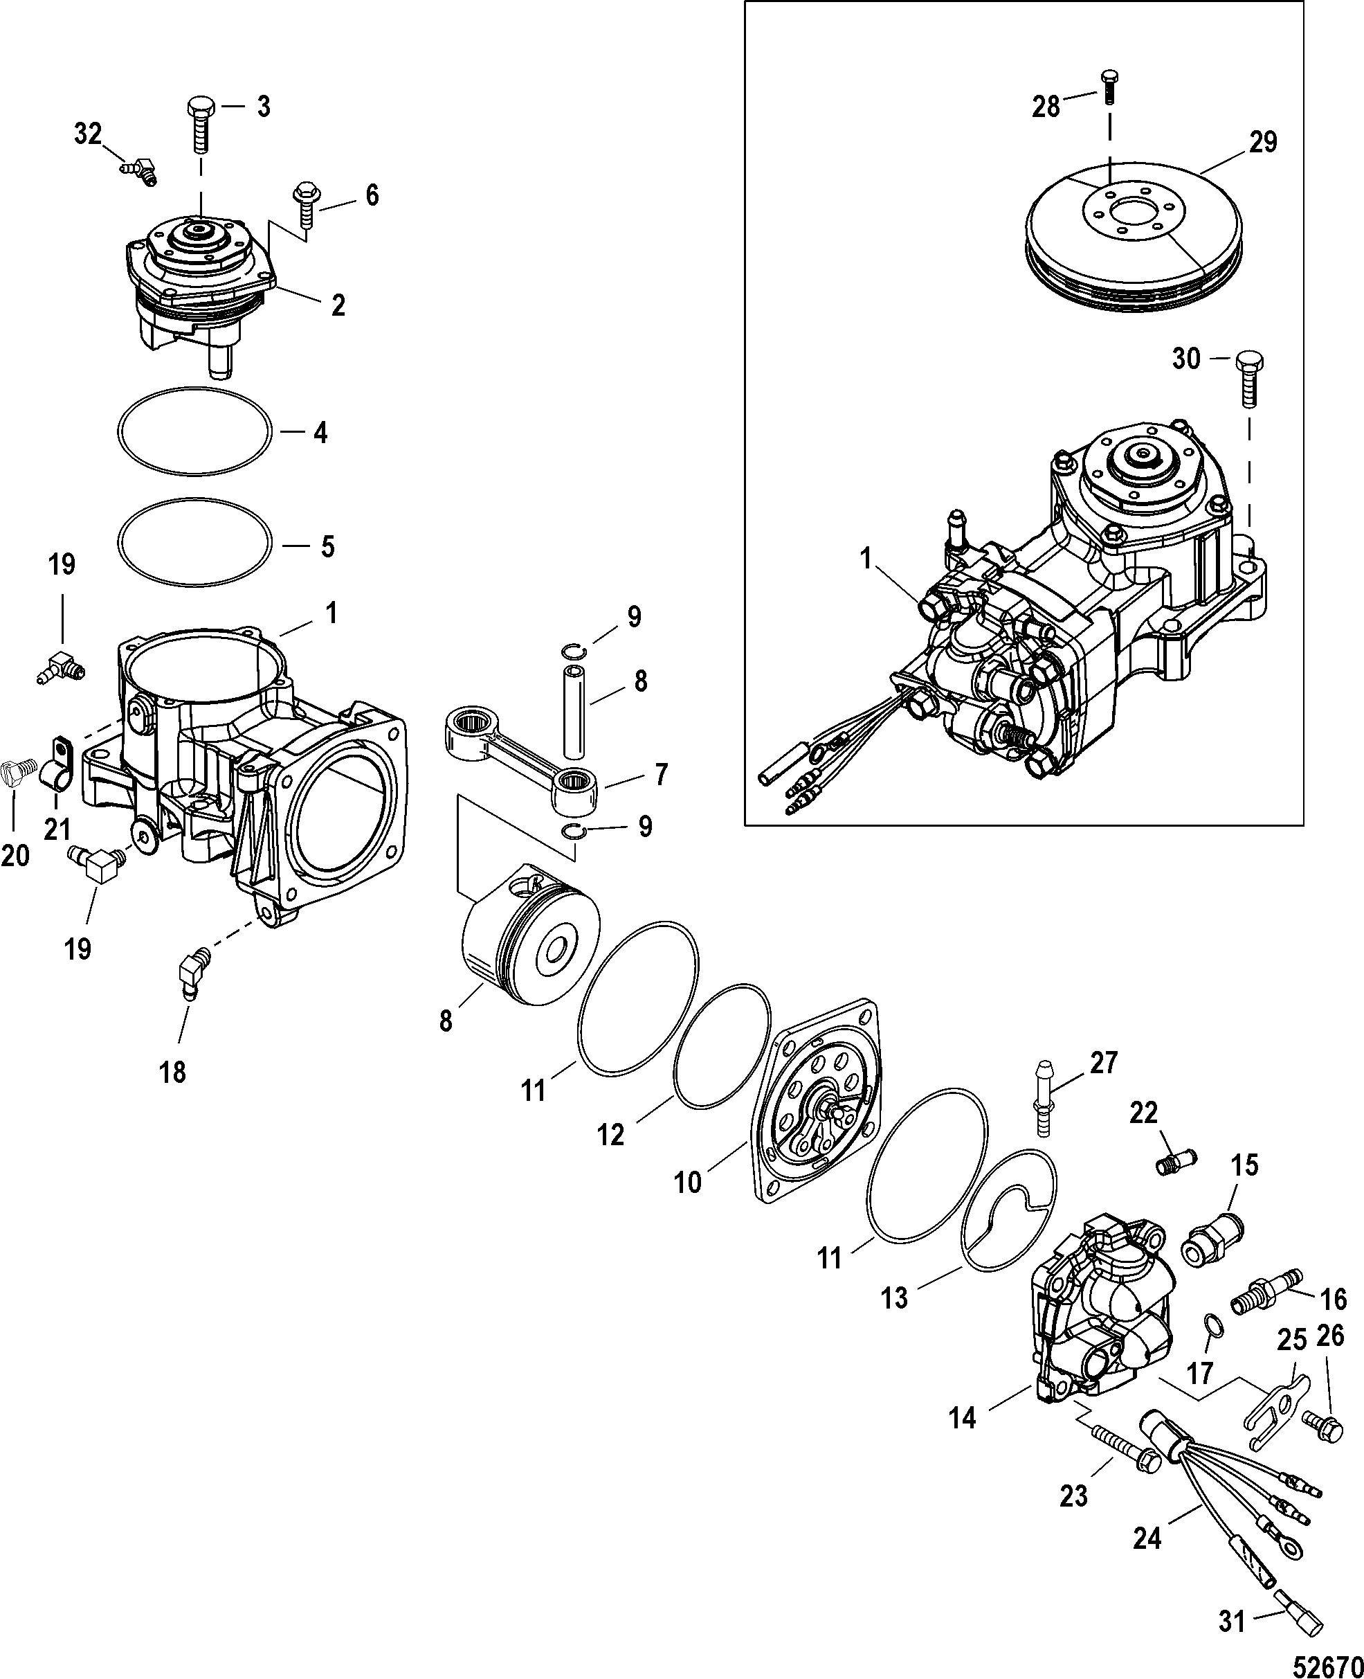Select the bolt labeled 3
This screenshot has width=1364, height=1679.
pos(199,125)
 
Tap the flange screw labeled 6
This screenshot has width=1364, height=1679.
pos(304,204)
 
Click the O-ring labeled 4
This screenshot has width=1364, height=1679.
pos(194,431)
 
